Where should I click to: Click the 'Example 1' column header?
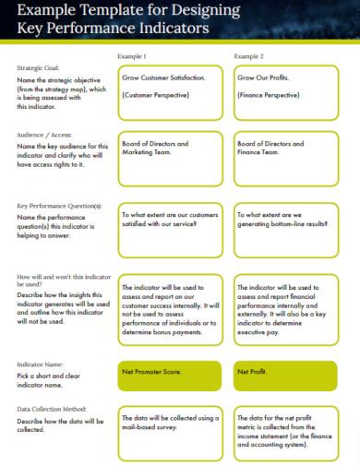click(131, 57)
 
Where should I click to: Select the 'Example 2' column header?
click(248, 57)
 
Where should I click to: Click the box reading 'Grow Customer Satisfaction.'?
click(170, 92)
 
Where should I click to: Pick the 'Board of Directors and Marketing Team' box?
click(170, 157)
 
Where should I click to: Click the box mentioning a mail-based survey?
click(170, 432)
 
